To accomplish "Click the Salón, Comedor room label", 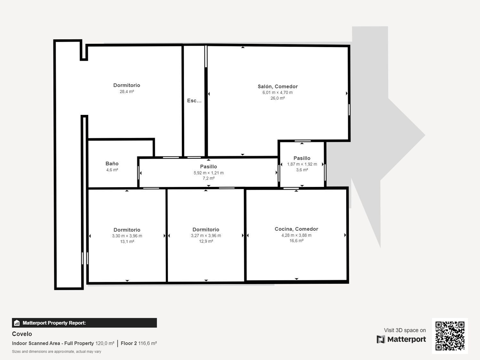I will coord(277,86).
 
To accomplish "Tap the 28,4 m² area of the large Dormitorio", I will coord(127,92).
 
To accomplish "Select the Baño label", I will coord(112,164).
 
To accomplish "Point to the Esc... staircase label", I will coord(194,100).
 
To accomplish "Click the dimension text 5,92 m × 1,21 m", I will coord(208,173).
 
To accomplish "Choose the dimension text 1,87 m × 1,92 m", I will coord(302,164).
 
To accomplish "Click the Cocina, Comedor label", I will coord(296,229).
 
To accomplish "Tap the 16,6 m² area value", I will coord(296,241).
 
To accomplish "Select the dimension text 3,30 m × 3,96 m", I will coord(127,236).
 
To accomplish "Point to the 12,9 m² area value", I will coord(206,241).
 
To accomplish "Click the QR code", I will coord(450,336).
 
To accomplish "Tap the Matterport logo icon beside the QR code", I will coord(380,339).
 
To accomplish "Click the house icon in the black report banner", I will coord(17,323).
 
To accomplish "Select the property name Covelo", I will coord(22,334).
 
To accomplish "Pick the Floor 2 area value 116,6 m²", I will coord(148,343).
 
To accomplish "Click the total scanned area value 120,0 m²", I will coord(105,343).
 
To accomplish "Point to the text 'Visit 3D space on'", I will coord(405,330).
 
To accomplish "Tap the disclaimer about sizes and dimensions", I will coord(57,352).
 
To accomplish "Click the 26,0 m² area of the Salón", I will coord(277,98).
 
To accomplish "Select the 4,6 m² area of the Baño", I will coord(112,170).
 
